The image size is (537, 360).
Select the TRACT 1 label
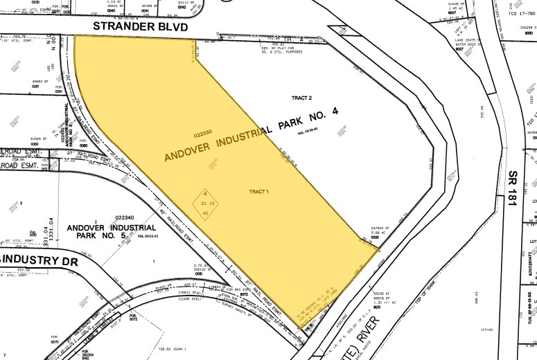[258, 191]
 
